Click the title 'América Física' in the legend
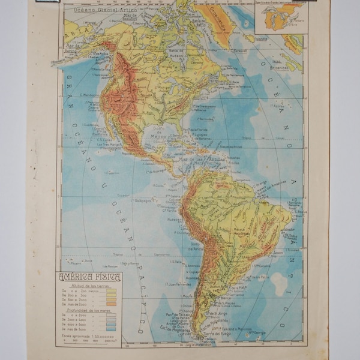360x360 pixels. click(x=89, y=277)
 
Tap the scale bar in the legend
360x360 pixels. click(x=89, y=340)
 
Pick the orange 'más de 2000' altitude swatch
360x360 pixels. click(x=111, y=304)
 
